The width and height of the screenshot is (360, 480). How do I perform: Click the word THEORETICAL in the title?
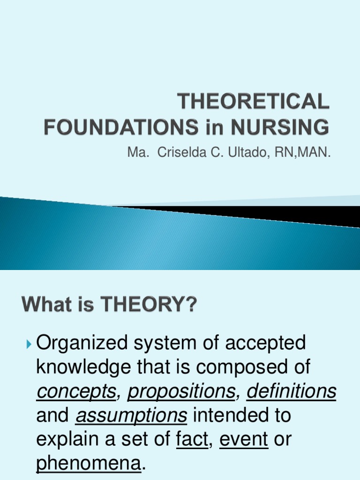coord(253,102)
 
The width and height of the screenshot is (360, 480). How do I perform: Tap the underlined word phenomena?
coord(89,465)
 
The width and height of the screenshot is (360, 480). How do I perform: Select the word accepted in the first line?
coord(265,344)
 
